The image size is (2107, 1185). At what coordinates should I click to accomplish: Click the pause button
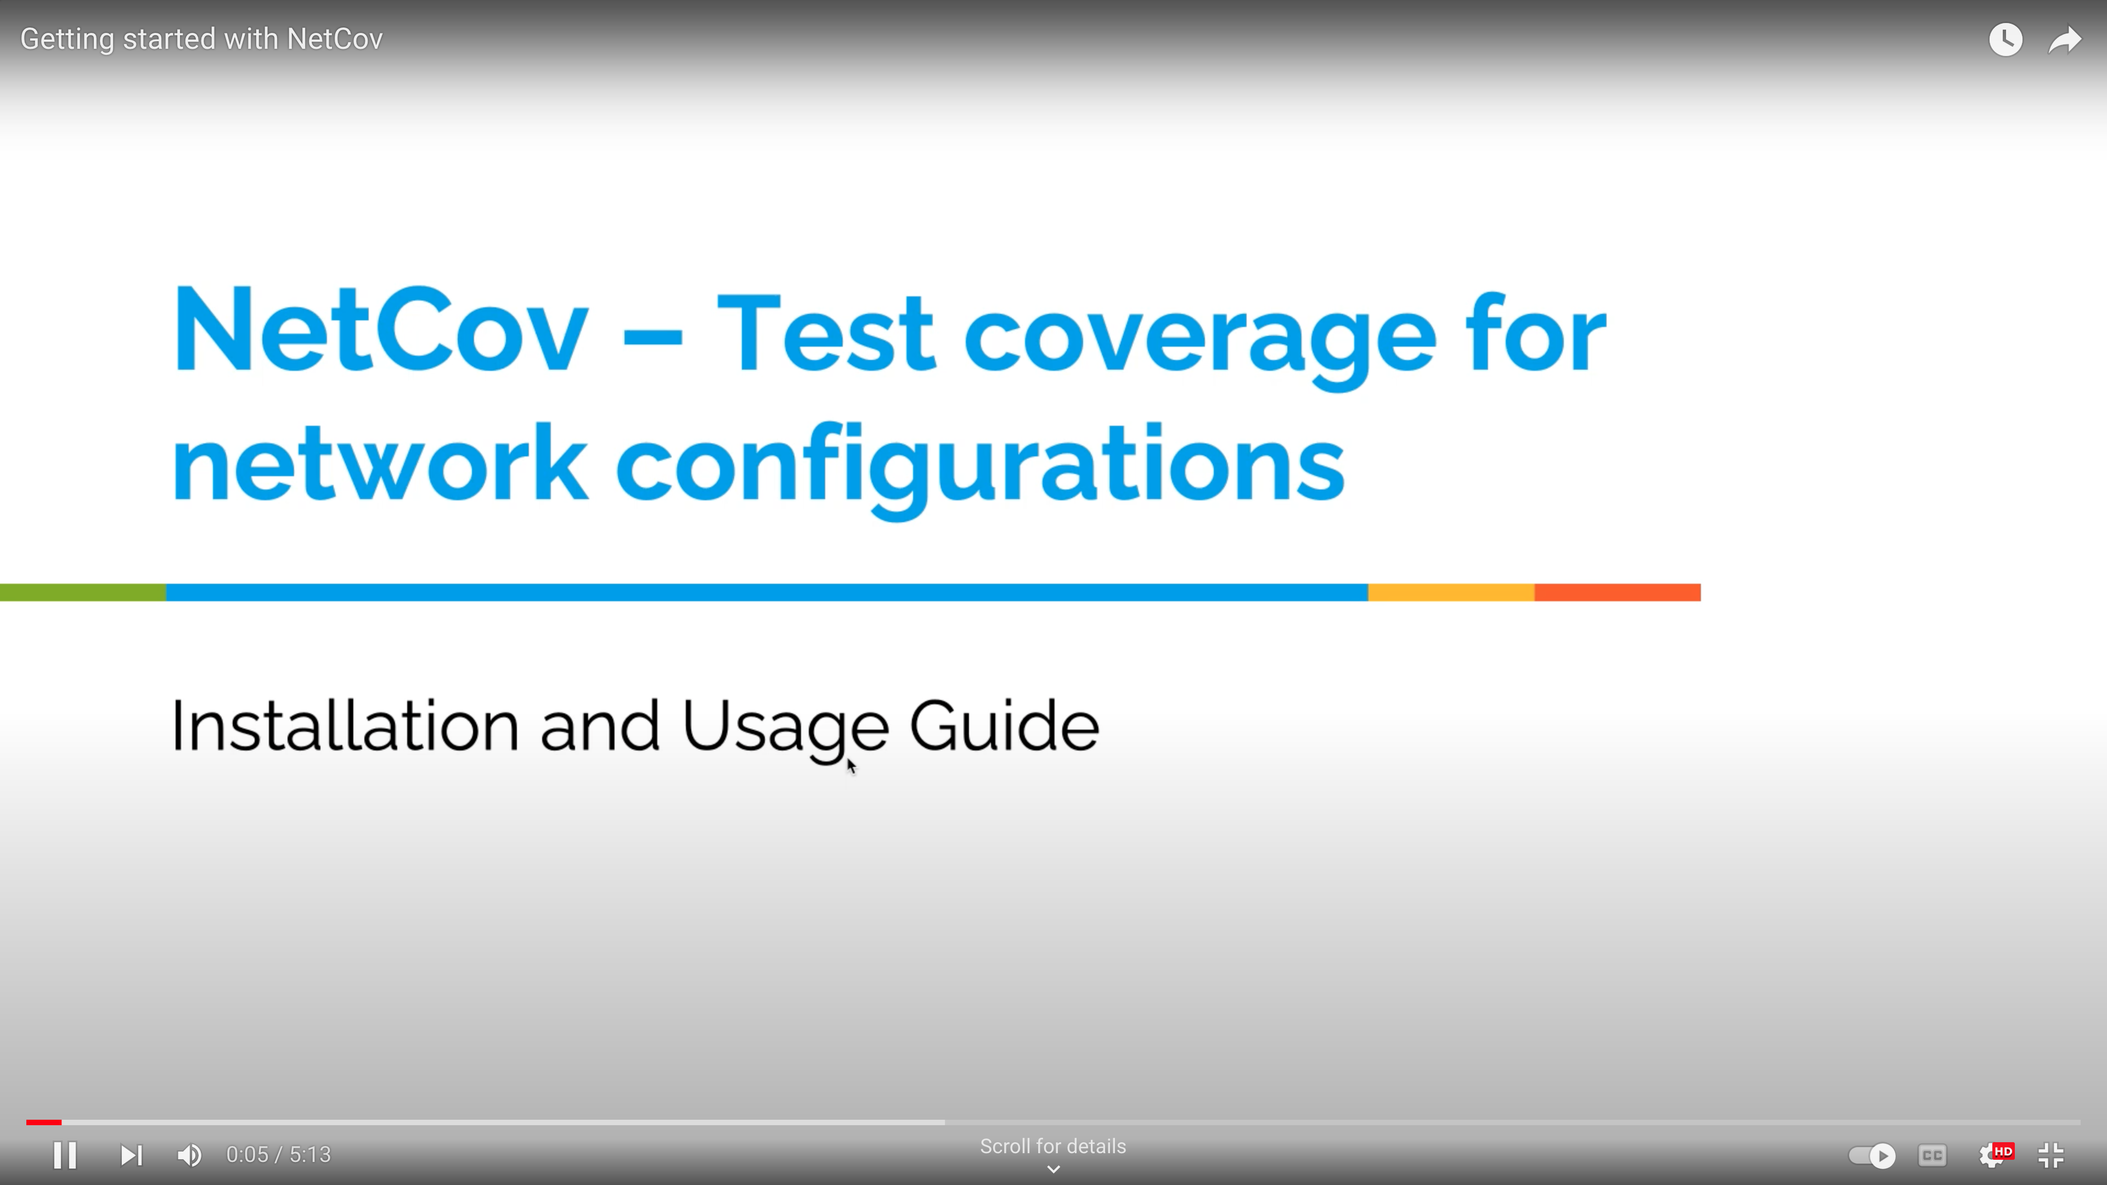click(65, 1155)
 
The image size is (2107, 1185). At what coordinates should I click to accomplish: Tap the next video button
click(131, 1155)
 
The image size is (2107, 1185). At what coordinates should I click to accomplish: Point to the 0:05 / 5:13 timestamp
click(278, 1155)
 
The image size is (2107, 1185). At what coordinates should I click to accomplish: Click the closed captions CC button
click(1932, 1155)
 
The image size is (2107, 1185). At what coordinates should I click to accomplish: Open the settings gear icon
click(1993, 1155)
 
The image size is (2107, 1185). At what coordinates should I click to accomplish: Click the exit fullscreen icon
click(2050, 1155)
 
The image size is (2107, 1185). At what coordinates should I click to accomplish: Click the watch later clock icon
click(2005, 39)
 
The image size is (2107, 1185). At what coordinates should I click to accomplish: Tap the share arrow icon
click(2064, 39)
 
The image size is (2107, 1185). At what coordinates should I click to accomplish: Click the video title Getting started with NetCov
click(201, 39)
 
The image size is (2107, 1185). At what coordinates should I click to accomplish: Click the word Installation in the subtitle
click(345, 725)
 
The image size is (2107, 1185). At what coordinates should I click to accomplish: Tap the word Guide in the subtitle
click(1005, 725)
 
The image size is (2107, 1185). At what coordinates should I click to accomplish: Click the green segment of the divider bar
click(83, 592)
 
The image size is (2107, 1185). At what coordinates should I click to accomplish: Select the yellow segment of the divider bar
click(1451, 592)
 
